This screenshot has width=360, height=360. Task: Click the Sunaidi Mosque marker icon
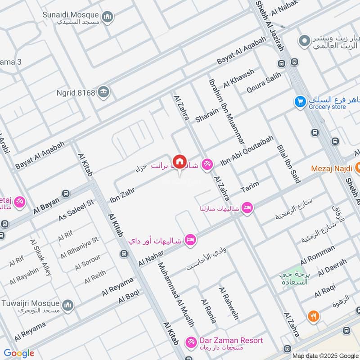tap(107, 18)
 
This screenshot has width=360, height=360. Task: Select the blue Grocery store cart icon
tap(300, 102)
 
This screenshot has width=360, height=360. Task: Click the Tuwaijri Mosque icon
tap(68, 306)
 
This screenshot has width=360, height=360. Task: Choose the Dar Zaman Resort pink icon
tap(191, 342)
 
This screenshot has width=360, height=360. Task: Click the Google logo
tap(18, 353)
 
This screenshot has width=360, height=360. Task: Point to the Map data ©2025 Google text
tap(324, 355)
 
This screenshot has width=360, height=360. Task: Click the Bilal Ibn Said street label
tap(289, 164)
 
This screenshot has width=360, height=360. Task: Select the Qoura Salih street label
tap(264, 83)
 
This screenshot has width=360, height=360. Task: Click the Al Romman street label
tap(318, 254)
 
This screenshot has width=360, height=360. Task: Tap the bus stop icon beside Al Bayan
tap(66, 193)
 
